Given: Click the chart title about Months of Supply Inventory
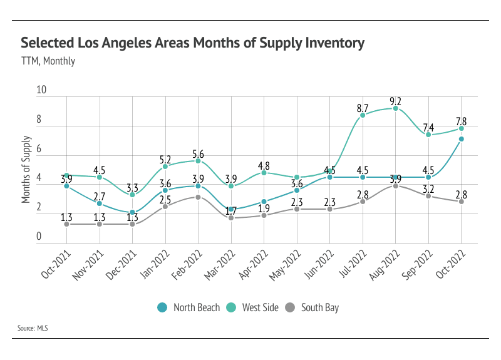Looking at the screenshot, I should (192, 43).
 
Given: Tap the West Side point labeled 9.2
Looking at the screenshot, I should (396, 108).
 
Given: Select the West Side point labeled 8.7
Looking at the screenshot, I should (363, 115).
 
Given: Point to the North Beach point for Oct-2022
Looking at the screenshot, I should (462, 139).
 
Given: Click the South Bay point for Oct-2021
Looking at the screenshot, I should (66, 224).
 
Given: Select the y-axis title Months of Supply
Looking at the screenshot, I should (27, 169).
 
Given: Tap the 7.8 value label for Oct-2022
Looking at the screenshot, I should (461, 121).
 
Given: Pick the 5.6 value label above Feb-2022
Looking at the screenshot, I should (198, 150).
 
